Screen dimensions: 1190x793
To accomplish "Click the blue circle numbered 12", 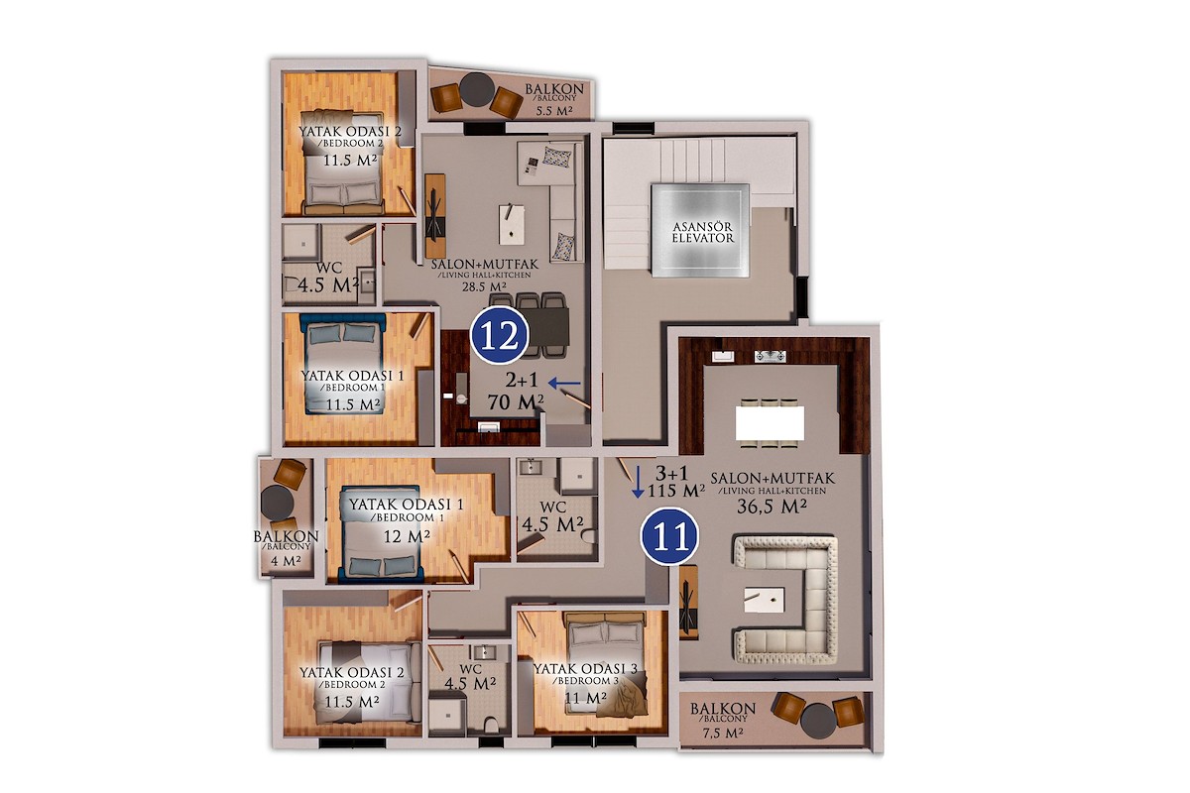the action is (500, 335).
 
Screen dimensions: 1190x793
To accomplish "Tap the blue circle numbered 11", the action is (669, 536).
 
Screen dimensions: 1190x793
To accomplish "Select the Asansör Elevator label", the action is (702, 233).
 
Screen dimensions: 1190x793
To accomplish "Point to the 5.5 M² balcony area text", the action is (553, 111).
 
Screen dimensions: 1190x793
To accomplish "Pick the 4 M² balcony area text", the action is (286, 560).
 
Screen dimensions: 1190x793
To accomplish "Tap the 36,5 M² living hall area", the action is (772, 507).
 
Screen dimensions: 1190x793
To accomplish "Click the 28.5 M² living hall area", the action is (480, 286).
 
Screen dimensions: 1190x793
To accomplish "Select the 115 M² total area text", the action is (676, 491).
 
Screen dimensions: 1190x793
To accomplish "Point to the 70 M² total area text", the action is (516, 402).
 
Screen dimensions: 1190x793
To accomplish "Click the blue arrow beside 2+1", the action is (564, 383).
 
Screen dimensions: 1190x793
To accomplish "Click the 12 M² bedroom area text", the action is (407, 537).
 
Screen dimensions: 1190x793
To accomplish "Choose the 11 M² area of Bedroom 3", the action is (585, 698).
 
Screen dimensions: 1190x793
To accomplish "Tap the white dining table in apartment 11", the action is (770, 423).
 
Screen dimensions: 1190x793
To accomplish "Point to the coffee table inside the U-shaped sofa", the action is (765, 600).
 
